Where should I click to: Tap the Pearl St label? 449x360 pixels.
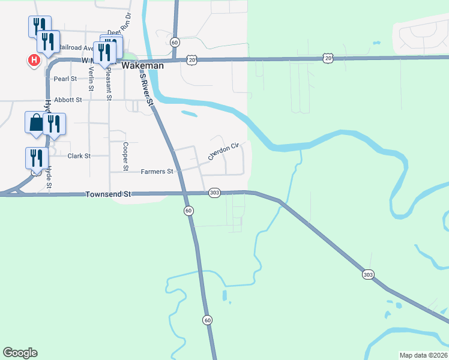tap(65, 79)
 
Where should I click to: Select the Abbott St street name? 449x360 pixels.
tap(67, 100)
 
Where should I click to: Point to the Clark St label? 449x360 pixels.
tap(79, 156)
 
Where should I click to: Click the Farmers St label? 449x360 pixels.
tap(157, 172)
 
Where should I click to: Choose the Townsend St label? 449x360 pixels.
tap(108, 194)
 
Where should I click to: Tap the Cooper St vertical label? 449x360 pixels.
tap(125, 156)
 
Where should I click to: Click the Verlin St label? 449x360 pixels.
tap(91, 79)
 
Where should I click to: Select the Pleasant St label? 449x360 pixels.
tap(109, 83)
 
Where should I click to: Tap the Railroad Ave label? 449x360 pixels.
tap(77, 48)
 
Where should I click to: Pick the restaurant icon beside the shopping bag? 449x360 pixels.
tap(55, 124)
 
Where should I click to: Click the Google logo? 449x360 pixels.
tap(20, 353)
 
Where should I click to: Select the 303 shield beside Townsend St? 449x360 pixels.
tap(215, 193)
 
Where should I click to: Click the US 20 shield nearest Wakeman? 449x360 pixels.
tap(191, 59)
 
